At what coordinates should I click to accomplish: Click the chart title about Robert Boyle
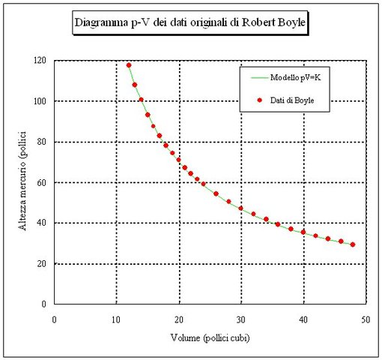pos(190,23)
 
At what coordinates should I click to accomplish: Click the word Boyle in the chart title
pos(289,23)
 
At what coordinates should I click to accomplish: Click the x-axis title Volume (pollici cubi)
pos(210,337)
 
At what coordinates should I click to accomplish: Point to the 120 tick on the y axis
pos(40,60)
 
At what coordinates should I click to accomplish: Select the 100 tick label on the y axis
pos(40,100)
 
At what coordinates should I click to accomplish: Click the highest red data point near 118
pos(129,65)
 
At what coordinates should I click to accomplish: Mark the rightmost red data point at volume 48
pos(353,244)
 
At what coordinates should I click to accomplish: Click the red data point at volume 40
pos(303,232)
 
